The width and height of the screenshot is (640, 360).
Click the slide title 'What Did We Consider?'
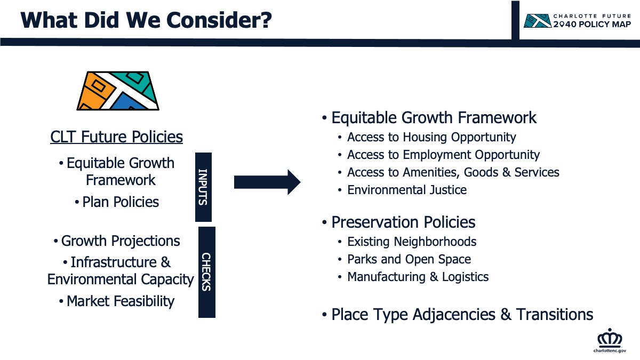146,20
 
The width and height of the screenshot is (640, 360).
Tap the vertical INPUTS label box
203,187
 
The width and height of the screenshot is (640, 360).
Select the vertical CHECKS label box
207,272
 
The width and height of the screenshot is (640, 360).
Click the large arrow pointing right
267,182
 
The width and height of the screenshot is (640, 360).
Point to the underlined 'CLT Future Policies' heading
117,137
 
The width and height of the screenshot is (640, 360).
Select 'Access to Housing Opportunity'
431,138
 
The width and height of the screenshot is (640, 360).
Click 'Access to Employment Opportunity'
443,155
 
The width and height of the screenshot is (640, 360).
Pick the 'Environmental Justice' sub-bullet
407,190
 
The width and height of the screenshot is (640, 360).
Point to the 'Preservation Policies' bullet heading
403,222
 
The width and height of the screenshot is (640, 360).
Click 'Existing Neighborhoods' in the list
412,242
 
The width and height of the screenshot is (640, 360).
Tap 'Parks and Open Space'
409,259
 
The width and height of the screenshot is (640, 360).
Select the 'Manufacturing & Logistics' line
418,277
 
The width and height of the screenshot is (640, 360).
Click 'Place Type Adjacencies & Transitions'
462,315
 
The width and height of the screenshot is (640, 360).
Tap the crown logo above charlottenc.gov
610,338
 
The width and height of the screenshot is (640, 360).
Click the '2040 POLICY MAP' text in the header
592,25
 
